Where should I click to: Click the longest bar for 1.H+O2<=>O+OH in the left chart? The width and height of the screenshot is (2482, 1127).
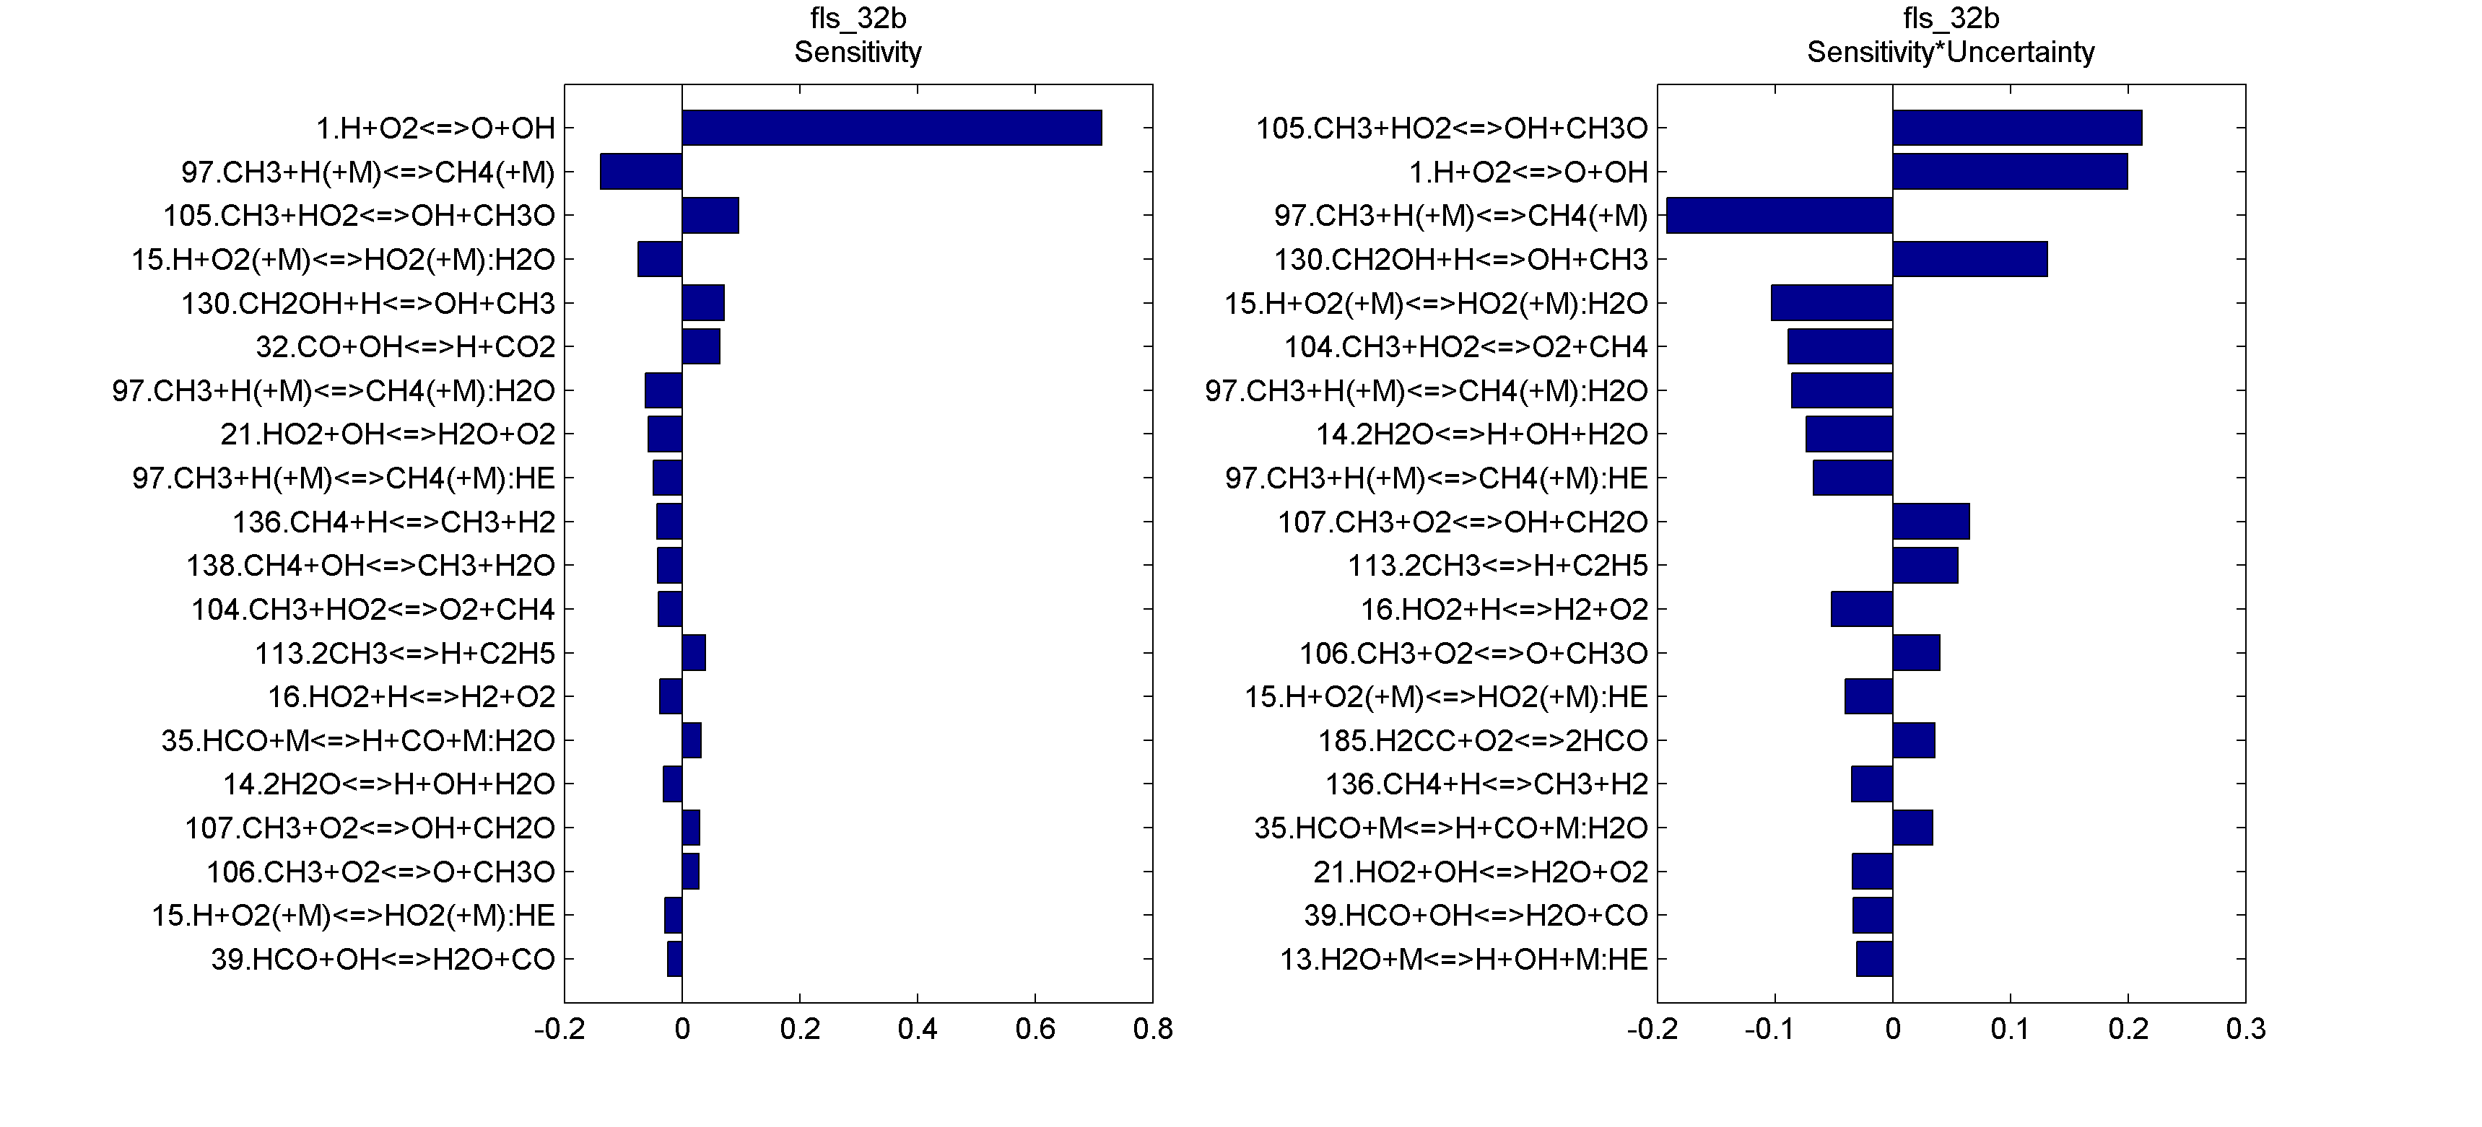(x=892, y=127)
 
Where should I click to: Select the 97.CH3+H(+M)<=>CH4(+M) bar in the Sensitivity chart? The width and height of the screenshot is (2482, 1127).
(x=641, y=172)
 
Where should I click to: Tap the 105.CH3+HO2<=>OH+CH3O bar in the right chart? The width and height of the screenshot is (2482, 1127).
(x=2016, y=127)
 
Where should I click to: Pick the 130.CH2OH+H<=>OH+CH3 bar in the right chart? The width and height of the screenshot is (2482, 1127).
(x=1969, y=259)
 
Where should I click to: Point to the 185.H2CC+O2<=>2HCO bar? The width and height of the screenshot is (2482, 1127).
(x=1914, y=740)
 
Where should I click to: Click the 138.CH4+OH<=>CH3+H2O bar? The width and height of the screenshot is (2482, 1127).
(x=670, y=566)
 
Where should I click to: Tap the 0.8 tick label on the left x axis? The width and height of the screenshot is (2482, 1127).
(x=1152, y=1030)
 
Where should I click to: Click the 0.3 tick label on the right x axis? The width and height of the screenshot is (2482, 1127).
(x=2245, y=1030)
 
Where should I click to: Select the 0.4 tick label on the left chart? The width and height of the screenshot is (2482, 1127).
(x=918, y=1030)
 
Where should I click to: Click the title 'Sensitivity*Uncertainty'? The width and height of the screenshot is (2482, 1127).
(x=1950, y=52)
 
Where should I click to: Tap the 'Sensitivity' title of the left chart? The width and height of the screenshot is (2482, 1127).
(x=858, y=52)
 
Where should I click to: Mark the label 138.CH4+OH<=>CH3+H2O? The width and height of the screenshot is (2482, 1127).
(x=371, y=566)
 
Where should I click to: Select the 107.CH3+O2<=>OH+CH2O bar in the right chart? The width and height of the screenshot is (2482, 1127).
(x=1931, y=521)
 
